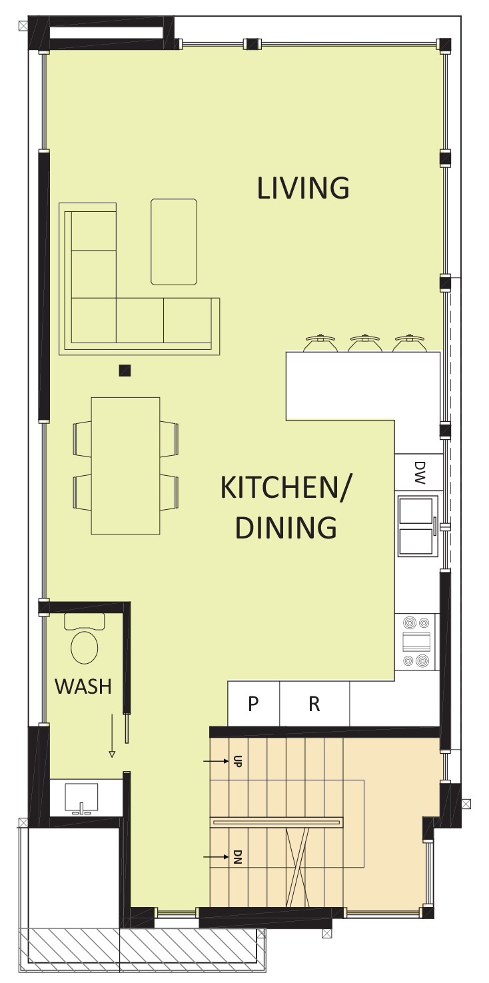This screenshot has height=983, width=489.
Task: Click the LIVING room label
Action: tap(303, 188)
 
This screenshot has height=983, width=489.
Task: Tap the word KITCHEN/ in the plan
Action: tap(286, 488)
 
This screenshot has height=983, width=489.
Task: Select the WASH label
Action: tap(83, 686)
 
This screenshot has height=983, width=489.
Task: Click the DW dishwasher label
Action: tap(420, 473)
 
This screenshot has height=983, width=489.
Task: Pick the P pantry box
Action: tap(253, 704)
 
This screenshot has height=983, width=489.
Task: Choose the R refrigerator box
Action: tap(314, 704)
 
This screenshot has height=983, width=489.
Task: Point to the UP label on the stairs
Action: tap(237, 761)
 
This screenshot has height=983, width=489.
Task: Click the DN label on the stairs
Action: tap(237, 856)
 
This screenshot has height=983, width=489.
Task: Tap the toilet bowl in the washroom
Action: tap(85, 647)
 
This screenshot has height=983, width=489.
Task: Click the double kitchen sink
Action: tap(418, 526)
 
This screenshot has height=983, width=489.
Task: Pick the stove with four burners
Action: tap(416, 642)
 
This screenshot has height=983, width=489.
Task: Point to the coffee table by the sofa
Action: tap(174, 242)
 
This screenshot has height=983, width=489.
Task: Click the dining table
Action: tap(125, 466)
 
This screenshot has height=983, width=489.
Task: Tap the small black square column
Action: tap(125, 371)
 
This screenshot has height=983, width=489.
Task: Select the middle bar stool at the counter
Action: tap(364, 343)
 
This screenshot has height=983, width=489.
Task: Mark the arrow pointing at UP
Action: tap(217, 761)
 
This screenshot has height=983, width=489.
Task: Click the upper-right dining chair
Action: tap(169, 439)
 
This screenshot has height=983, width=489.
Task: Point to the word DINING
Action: tap(286, 527)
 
